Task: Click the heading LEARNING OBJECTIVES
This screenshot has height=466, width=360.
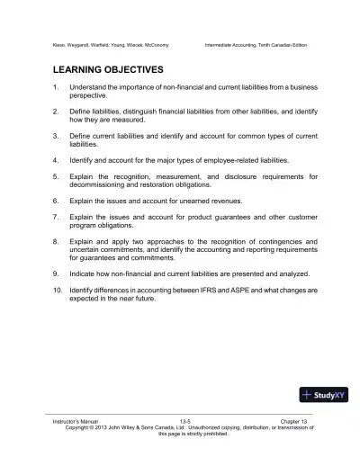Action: pos(104,68)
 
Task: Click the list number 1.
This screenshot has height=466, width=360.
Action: pos(56,87)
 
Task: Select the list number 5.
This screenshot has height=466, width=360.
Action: pos(56,176)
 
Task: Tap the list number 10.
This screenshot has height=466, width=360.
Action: pos(57,291)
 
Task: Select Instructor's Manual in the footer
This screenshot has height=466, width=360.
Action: pos(75,421)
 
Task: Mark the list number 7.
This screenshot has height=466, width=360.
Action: pos(56,217)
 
